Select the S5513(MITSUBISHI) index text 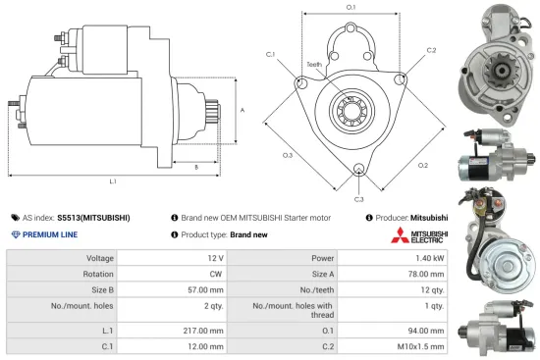tap(93, 217)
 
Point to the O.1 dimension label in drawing tap(351, 8)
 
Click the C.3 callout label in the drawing tap(359, 199)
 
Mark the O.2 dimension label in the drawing tap(423, 165)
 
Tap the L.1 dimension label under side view tap(114, 181)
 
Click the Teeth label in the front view tap(314, 65)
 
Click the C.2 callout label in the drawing tap(431, 49)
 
